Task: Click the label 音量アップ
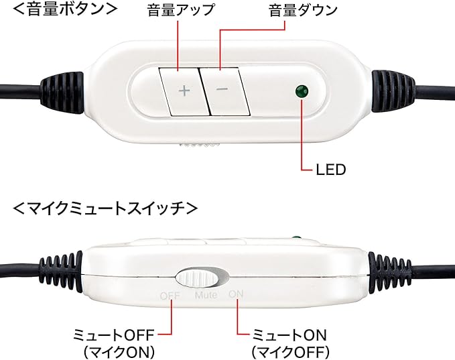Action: coord(181,11)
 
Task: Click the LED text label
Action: coord(330,169)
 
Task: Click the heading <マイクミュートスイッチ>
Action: coord(105,208)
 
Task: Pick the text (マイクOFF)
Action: coord(290,350)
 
